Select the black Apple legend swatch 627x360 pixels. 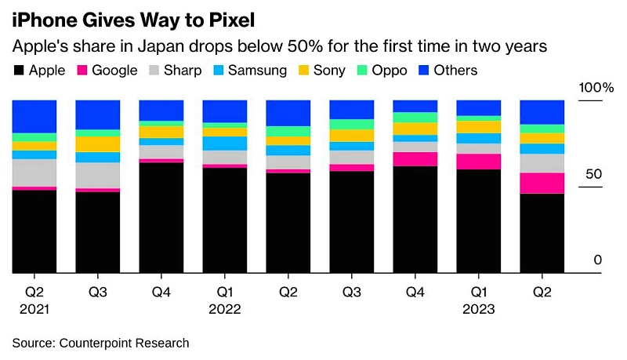click(x=19, y=71)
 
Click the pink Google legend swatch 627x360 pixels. click(x=82, y=71)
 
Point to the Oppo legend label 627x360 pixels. click(x=390, y=71)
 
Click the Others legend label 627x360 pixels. click(x=455, y=71)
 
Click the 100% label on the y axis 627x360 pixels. click(x=596, y=87)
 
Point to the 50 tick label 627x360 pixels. click(x=595, y=174)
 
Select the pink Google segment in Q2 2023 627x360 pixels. click(x=542, y=183)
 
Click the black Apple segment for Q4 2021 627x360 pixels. click(x=161, y=218)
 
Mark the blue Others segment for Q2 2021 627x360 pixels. click(x=34, y=116)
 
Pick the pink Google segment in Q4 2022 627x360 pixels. click(x=415, y=159)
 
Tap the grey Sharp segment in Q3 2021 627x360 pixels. click(x=97, y=175)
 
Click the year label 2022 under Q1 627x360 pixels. click(x=224, y=309)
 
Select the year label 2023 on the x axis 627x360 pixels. click(x=478, y=309)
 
